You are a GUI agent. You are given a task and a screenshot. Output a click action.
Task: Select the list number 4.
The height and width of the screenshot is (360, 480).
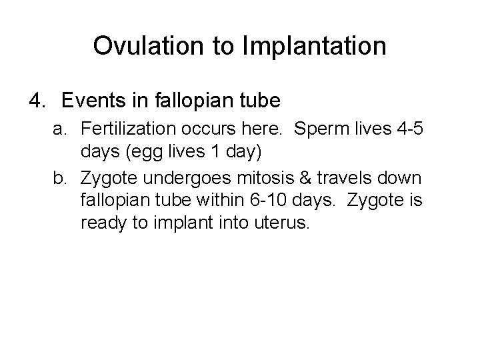tap(37, 101)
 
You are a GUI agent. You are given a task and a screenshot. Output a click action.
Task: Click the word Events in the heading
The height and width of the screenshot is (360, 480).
tap(93, 101)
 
